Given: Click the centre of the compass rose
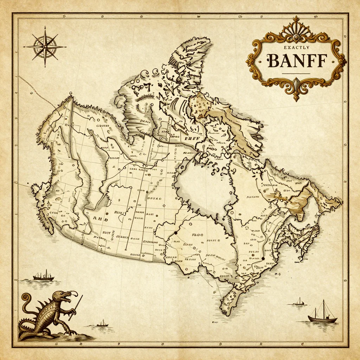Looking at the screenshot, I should coord(45,47).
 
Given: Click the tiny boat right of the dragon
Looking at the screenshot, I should coord(102,323).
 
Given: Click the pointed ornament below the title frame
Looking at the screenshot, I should coord(296,92).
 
